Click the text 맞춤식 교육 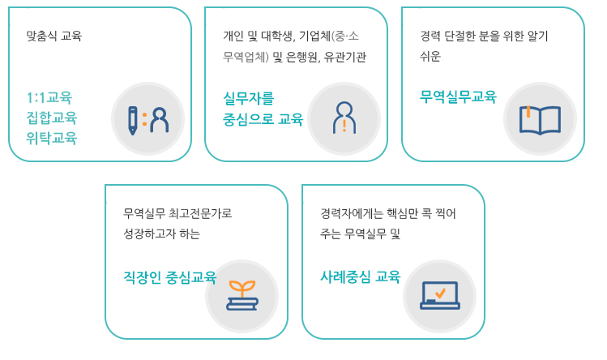pyautogui.click(x=53, y=36)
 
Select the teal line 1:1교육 pyautogui.click(x=49, y=97)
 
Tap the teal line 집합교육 pyautogui.click(x=52, y=118)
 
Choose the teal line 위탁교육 pyautogui.click(x=52, y=138)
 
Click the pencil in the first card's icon pyautogui.click(x=133, y=121)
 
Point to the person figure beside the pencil pyautogui.click(x=159, y=120)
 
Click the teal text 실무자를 pyautogui.click(x=249, y=98)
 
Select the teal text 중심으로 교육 pyautogui.click(x=263, y=119)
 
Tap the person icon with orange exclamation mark pyautogui.click(x=344, y=118)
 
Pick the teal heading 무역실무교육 pyautogui.click(x=458, y=96)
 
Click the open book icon pyautogui.click(x=540, y=120)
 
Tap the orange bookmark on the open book pyautogui.click(x=528, y=112)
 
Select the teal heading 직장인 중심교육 pyautogui.click(x=169, y=277)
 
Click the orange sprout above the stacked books pyautogui.click(x=242, y=289)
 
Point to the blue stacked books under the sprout pyautogui.click(x=242, y=304)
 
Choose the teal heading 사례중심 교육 pyautogui.click(x=361, y=276)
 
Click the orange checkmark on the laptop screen pyautogui.click(x=440, y=292)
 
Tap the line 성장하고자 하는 pyautogui.click(x=162, y=234)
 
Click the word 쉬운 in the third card pyautogui.click(x=430, y=57)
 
